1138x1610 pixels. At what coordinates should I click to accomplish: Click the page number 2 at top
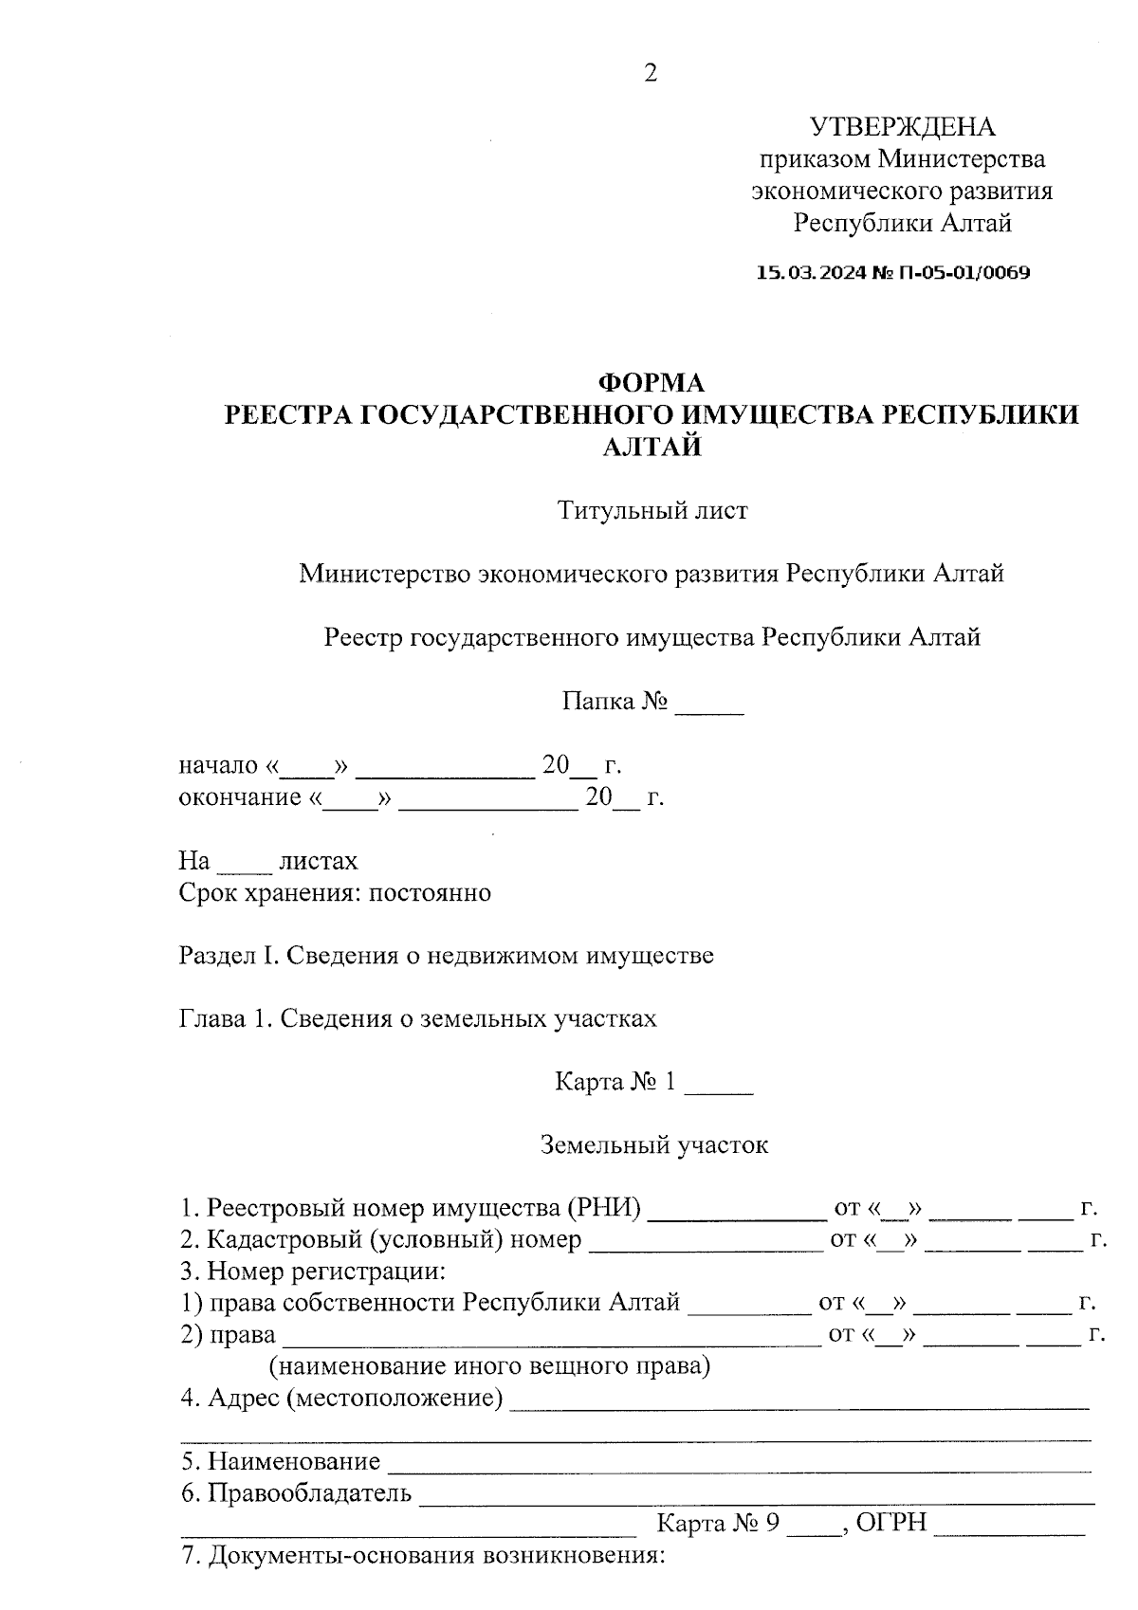pos(650,73)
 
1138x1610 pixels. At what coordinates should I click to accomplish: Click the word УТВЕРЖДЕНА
pos(902,127)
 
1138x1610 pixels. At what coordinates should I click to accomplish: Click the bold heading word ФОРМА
pos(651,382)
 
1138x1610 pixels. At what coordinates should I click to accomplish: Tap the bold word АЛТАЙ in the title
pos(652,447)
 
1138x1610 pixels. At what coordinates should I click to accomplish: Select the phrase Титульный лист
pos(652,510)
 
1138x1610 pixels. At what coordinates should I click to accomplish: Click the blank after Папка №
pos(708,704)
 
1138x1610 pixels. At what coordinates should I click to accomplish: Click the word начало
pos(218,765)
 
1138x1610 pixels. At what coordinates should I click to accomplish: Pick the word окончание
pos(239,797)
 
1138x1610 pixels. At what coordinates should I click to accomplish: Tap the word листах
pos(318,861)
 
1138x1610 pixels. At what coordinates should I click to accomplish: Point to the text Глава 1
pos(226,1019)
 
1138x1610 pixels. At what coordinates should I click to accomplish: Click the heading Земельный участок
pos(653,1145)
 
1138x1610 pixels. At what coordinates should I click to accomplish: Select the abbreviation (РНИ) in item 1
pos(603,1209)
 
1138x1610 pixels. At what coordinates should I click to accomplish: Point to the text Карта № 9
pos(718,1524)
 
